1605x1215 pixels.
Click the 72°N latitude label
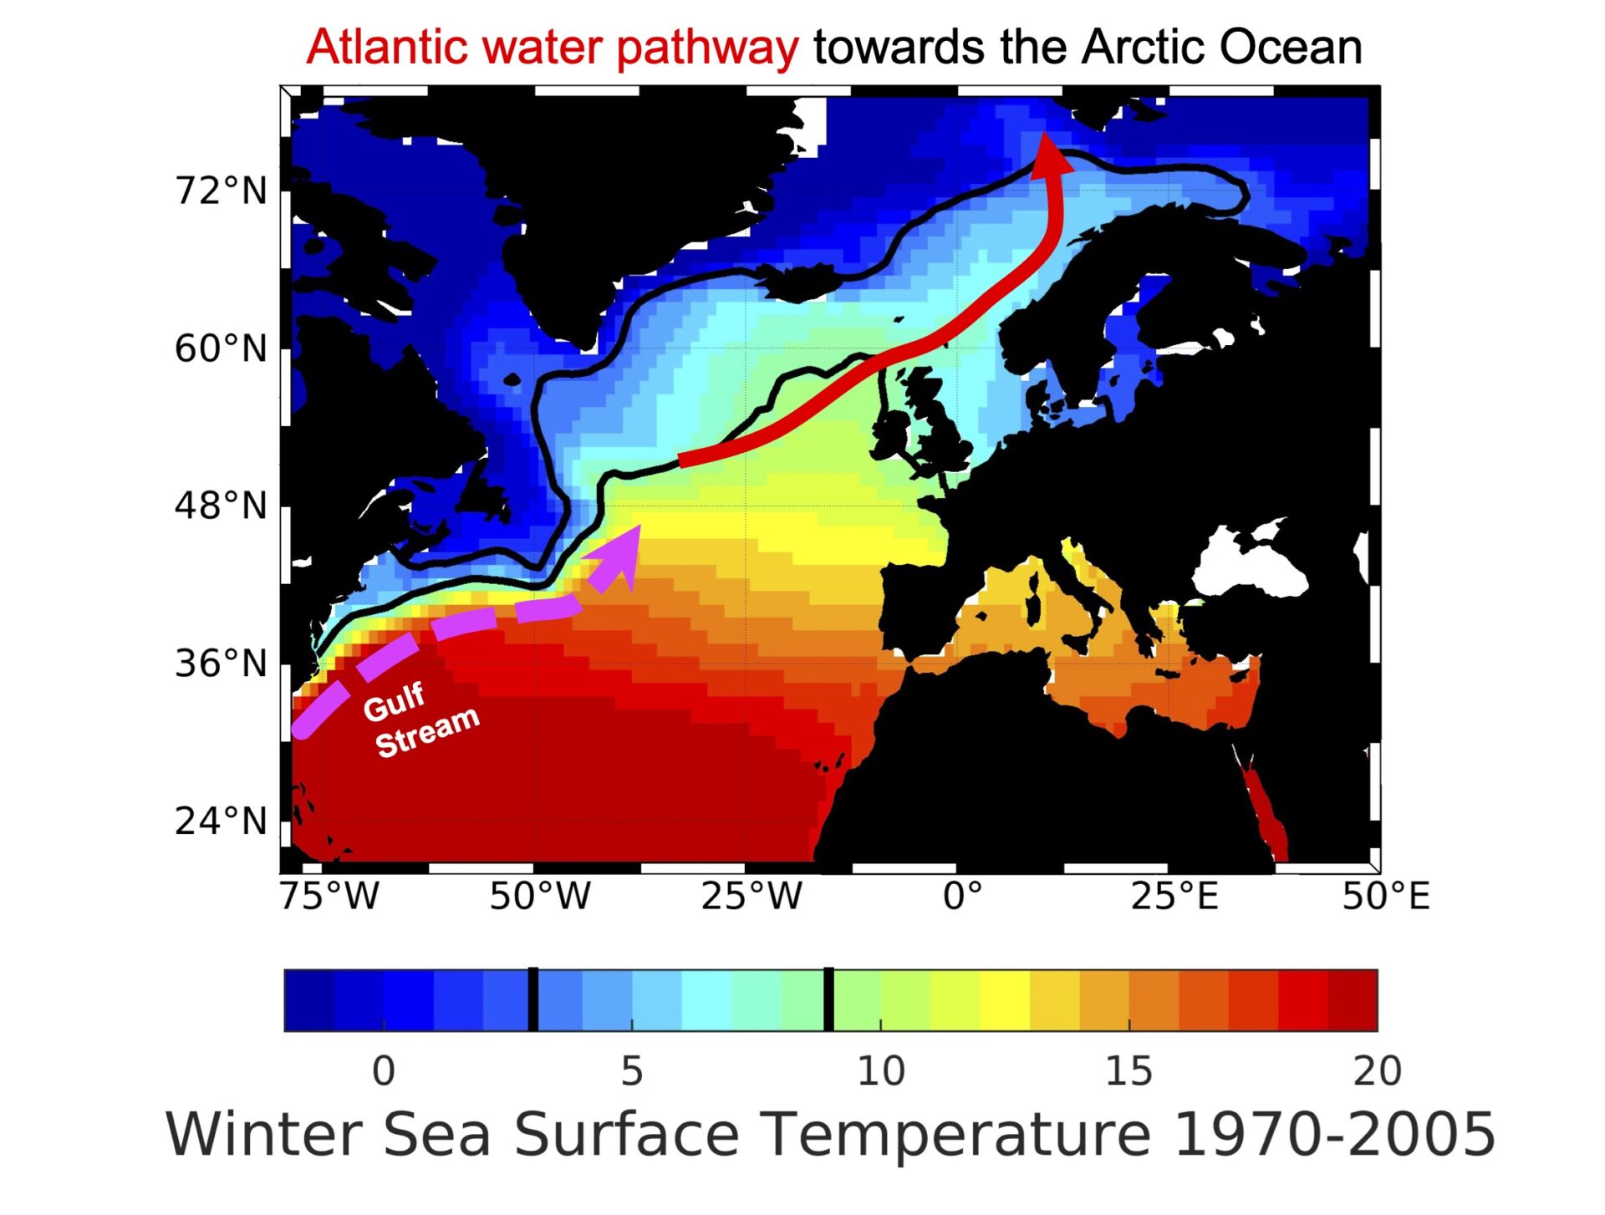coord(221,191)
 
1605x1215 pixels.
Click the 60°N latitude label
coord(221,348)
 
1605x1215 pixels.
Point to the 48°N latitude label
coord(221,506)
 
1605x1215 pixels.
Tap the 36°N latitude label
coord(221,663)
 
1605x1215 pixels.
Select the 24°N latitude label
coord(221,821)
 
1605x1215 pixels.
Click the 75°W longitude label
coord(329,897)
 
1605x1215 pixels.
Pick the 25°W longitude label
coord(751,897)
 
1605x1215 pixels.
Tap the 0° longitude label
coord(962,897)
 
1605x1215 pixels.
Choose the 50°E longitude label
coord(1386,897)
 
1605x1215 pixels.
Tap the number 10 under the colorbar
coord(880,1071)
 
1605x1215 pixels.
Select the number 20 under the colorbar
coord(1377,1071)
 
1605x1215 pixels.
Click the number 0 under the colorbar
coord(384,1071)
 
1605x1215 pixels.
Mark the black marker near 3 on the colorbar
coord(533,999)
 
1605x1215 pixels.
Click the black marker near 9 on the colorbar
coord(828,999)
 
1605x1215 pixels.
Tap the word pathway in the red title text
coord(707,48)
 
